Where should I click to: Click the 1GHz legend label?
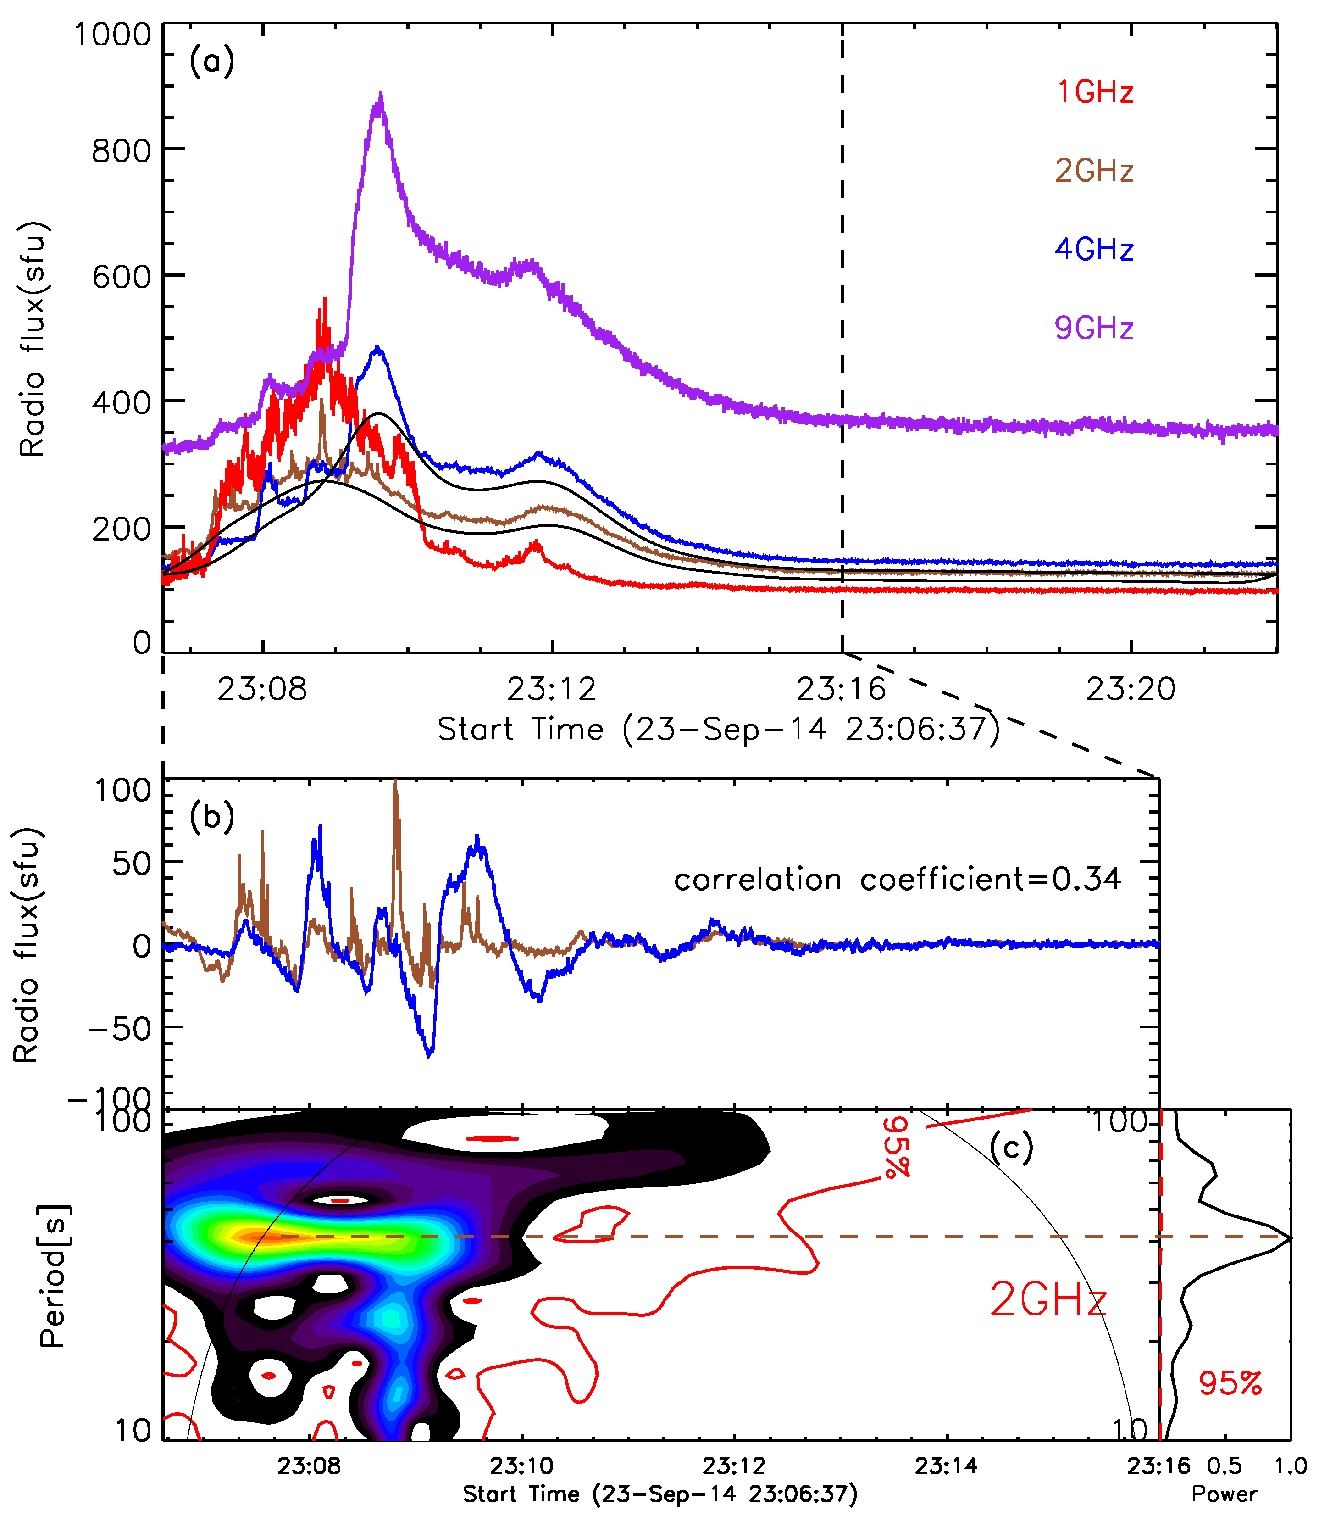tap(1095, 92)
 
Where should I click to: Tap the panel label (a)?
tap(211, 61)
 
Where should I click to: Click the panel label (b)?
tap(211, 817)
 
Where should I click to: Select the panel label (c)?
tap(1011, 1147)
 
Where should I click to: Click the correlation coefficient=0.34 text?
tap(897, 879)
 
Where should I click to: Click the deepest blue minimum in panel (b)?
tap(430, 1054)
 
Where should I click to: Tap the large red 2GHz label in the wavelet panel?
tap(1048, 1299)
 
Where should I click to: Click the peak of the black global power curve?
tap(1289, 1237)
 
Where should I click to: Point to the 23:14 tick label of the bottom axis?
tap(946, 1466)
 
